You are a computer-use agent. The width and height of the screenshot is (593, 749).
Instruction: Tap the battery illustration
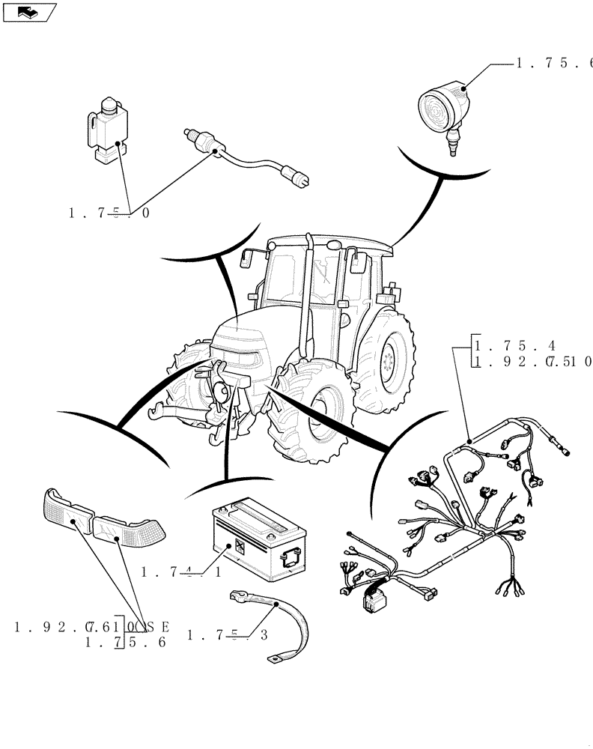[x=258, y=535]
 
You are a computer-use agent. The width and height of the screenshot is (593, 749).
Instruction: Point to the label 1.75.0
[x=109, y=213]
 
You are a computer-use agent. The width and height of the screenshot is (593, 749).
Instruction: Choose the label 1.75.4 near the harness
[x=517, y=346]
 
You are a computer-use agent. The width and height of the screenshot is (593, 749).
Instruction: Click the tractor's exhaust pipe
[x=305, y=300]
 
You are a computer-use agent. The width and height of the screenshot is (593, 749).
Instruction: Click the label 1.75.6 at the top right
[x=554, y=64]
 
